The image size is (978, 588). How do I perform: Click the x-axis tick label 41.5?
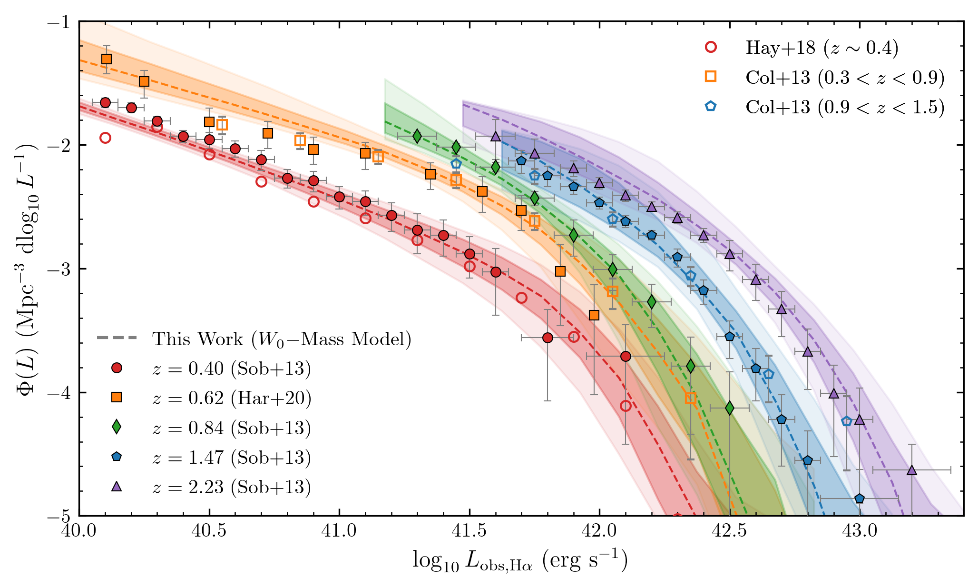[469, 530]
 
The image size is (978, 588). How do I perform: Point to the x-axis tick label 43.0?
[859, 530]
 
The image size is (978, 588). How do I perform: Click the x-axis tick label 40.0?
[79, 530]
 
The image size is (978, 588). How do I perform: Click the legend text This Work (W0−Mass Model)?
[281, 339]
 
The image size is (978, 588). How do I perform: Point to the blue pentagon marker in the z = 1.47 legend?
[117, 457]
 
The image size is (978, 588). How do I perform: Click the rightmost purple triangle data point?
[911, 470]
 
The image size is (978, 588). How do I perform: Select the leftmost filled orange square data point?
[107, 59]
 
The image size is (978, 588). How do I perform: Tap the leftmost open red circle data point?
[106, 138]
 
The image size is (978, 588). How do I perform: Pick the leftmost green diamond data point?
[417, 136]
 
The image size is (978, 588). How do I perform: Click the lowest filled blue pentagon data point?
[859, 498]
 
